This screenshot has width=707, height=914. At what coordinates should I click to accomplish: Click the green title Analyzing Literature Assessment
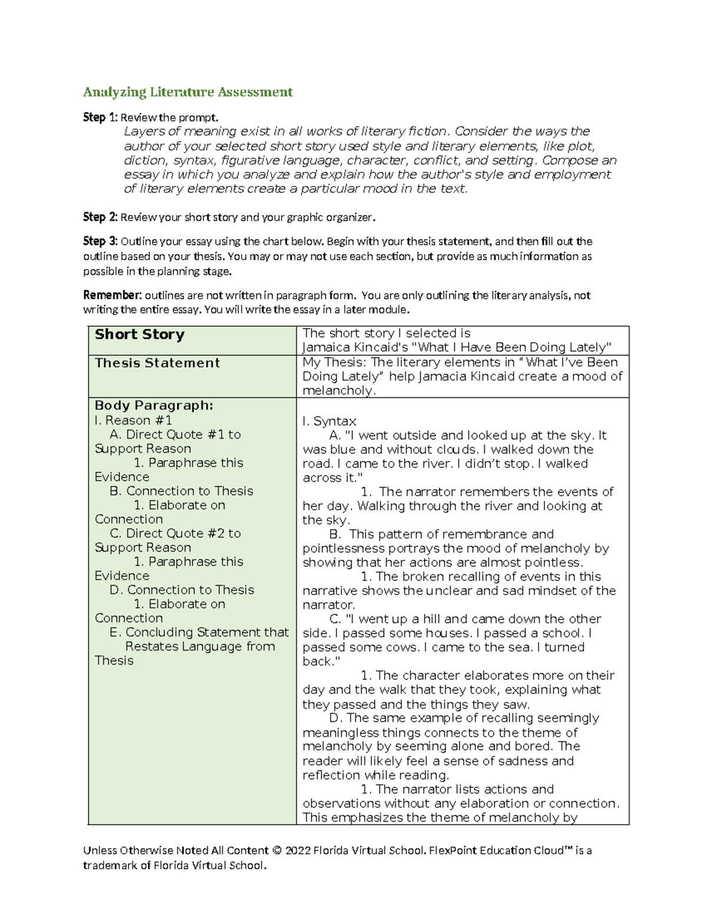click(x=187, y=92)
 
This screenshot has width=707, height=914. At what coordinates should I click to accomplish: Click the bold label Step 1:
click(x=100, y=118)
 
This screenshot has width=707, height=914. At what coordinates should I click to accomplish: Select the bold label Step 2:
click(x=100, y=217)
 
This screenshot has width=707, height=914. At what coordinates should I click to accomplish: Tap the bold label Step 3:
click(x=100, y=241)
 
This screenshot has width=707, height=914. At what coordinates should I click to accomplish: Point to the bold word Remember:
click(x=113, y=295)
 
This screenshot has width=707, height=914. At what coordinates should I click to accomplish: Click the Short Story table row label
click(x=140, y=334)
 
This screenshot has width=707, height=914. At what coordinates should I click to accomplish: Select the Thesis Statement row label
click(x=157, y=363)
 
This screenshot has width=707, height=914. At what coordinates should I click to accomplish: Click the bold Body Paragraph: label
click(x=154, y=406)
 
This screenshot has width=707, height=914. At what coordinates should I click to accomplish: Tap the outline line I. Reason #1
click(x=133, y=420)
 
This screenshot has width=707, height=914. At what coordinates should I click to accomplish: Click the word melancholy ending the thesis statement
click(x=338, y=391)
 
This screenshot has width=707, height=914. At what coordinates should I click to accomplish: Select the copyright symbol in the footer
click(x=277, y=850)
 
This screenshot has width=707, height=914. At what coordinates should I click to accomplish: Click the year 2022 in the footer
click(x=298, y=850)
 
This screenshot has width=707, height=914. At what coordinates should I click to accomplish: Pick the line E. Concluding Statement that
click(x=199, y=632)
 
